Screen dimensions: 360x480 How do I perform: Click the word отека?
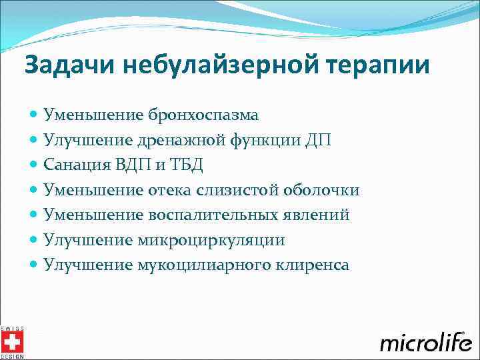(x=167, y=191)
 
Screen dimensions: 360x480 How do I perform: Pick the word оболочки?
(x=321, y=191)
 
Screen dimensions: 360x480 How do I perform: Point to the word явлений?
(x=317, y=215)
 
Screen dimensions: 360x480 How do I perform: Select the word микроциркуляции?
(x=211, y=241)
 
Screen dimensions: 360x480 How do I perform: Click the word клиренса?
(x=307, y=265)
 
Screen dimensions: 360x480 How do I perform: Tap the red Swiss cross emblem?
(x=11, y=342)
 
